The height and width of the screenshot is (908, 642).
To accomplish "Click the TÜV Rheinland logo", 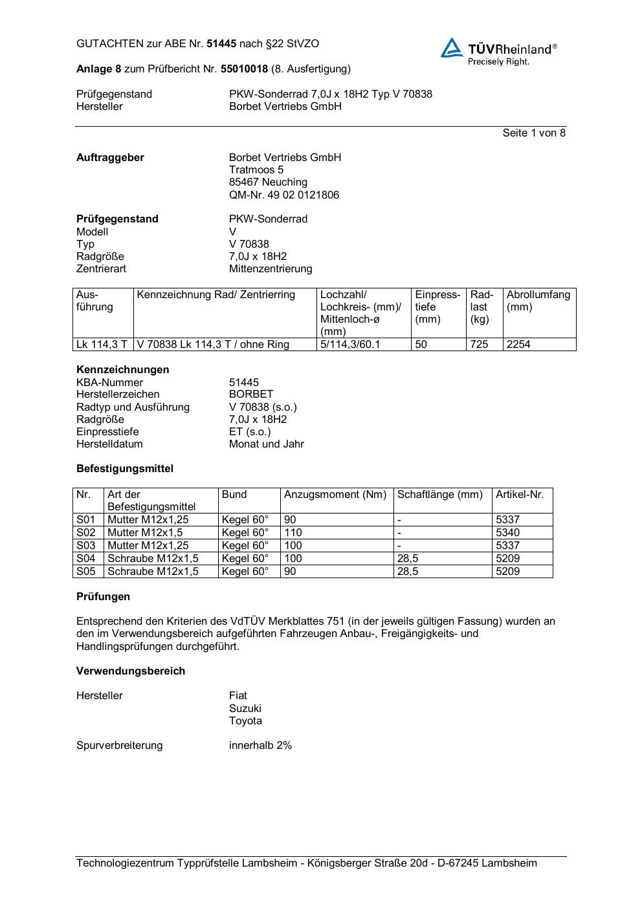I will [x=498, y=51].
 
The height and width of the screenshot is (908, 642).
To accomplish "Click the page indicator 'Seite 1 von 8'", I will [x=534, y=133].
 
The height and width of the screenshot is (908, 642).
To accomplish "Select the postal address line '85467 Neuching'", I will [x=268, y=182].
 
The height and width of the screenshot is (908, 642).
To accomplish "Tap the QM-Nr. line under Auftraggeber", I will [x=283, y=195].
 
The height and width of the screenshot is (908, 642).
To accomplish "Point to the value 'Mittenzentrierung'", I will [x=270, y=269].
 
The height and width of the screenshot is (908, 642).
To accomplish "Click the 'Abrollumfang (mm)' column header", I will [x=538, y=301].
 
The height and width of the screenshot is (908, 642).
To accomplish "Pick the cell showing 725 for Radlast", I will [x=479, y=345].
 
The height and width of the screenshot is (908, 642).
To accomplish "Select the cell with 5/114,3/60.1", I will [x=350, y=345].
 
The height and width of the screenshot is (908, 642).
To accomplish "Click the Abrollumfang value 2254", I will [x=518, y=345].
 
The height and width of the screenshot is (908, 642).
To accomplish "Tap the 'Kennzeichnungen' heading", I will [x=122, y=370].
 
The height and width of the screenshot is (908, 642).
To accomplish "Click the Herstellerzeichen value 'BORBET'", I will [x=251, y=395].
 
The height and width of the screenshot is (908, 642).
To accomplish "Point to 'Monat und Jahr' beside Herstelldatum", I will [x=266, y=444].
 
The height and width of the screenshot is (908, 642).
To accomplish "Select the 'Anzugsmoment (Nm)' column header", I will [x=335, y=495].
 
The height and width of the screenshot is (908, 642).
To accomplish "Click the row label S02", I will [x=86, y=533].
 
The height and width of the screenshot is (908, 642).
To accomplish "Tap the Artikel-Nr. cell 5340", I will [x=507, y=533].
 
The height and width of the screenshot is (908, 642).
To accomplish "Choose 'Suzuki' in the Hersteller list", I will [x=245, y=708].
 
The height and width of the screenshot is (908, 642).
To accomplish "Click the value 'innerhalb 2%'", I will [x=260, y=746].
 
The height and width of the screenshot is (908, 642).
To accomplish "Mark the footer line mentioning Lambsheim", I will [x=306, y=863].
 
